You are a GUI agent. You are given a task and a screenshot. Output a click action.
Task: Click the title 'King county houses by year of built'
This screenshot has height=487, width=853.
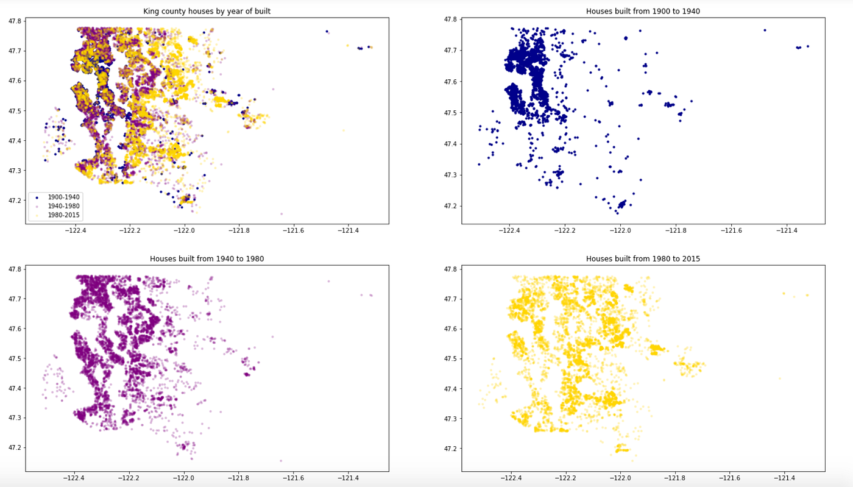coord(207,11)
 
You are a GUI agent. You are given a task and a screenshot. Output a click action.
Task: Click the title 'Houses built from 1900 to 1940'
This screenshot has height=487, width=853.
coord(643,11)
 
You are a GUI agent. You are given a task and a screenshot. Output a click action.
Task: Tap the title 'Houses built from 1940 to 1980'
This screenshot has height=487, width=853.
coord(207,258)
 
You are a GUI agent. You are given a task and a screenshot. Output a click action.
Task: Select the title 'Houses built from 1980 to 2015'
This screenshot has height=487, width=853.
coord(643,258)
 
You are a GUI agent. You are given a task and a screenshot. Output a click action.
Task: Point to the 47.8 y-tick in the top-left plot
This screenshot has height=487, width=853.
coord(14,21)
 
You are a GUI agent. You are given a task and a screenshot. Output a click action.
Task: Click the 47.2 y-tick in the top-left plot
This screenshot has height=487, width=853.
coord(14,201)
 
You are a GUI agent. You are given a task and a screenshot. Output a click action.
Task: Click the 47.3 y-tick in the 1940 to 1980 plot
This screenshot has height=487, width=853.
coord(14,418)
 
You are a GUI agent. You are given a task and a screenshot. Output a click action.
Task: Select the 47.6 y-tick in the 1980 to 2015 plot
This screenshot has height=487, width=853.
coord(450,329)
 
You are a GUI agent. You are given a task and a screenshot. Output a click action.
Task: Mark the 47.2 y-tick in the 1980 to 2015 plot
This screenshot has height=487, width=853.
coord(450,449)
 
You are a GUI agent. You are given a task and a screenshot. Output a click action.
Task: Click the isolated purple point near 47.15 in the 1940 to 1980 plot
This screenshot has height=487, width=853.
coord(281,461)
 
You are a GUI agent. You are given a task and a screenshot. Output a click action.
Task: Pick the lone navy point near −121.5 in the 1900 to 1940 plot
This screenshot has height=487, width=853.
coord(765,30)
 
